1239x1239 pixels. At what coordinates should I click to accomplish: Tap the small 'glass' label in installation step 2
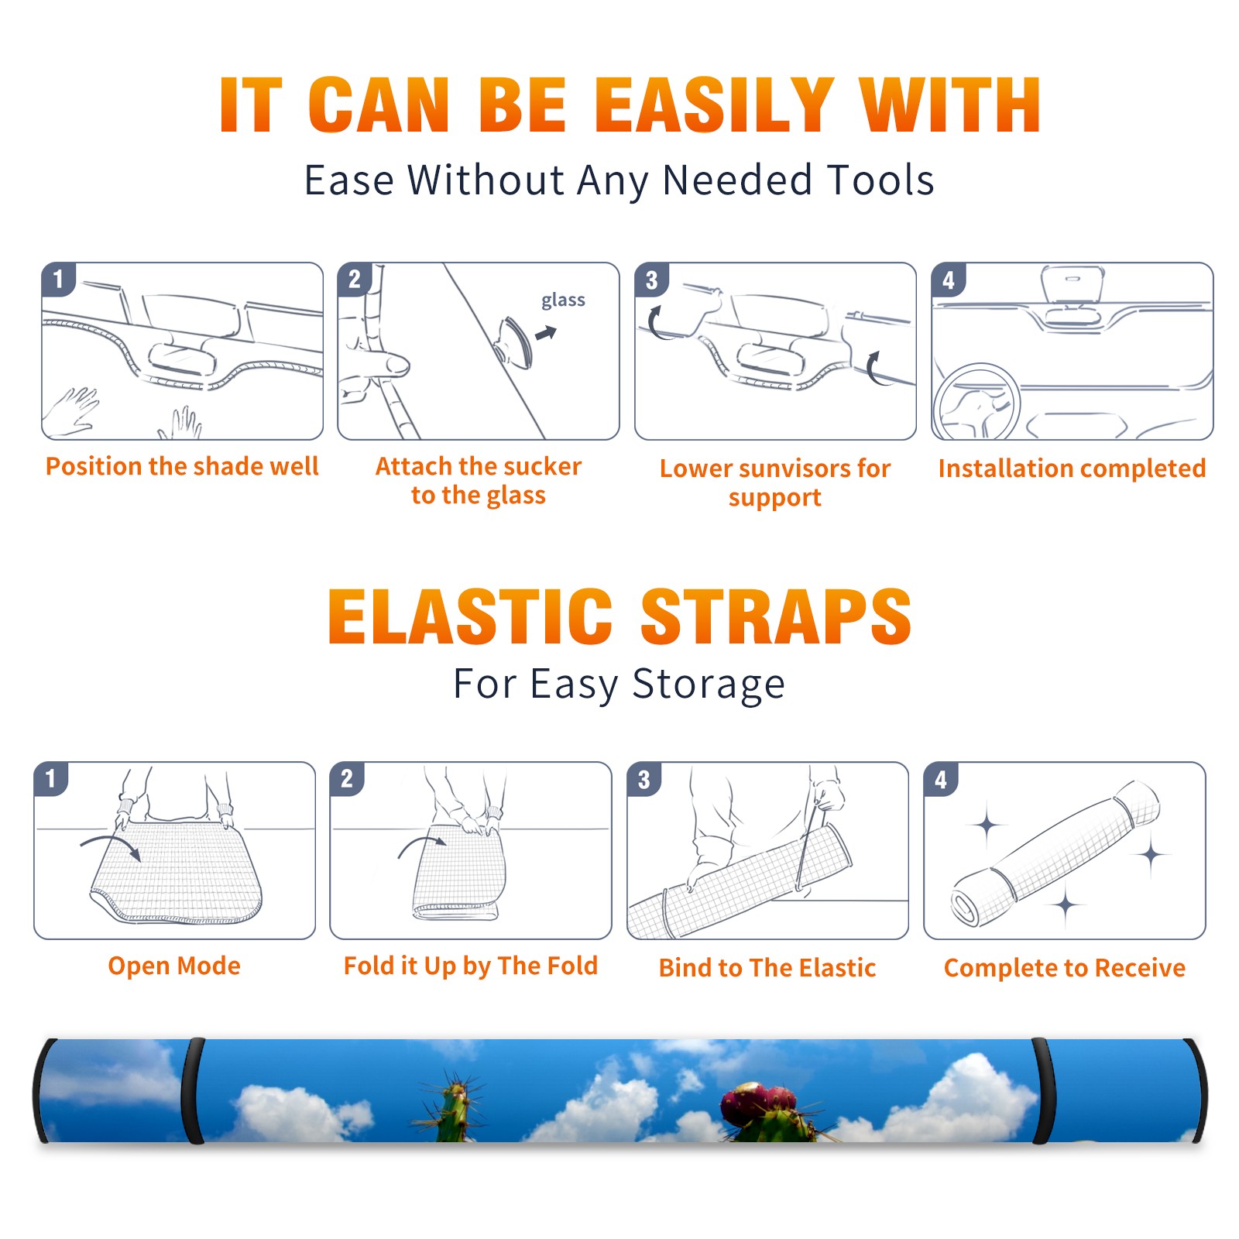563,300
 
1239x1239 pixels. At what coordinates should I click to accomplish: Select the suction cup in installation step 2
514,341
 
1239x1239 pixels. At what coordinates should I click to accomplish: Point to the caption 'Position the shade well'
182,466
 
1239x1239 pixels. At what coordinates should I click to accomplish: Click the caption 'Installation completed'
1072,468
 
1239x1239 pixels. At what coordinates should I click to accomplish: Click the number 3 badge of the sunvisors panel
651,280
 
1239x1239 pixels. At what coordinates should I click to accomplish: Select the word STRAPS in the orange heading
776,616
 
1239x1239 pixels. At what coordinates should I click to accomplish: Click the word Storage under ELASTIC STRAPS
709,685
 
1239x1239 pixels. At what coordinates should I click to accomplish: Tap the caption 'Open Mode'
174,966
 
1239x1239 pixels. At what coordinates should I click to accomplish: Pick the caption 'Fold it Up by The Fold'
471,966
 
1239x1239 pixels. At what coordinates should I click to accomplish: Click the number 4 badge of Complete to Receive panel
941,779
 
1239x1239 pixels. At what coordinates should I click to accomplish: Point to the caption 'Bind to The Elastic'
767,968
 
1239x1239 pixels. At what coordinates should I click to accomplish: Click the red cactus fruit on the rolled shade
760,1100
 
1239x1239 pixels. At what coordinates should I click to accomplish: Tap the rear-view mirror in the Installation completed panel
1072,283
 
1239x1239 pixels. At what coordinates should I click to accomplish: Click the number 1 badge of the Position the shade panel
58,280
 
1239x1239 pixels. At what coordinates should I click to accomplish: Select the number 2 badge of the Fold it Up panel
347,779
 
